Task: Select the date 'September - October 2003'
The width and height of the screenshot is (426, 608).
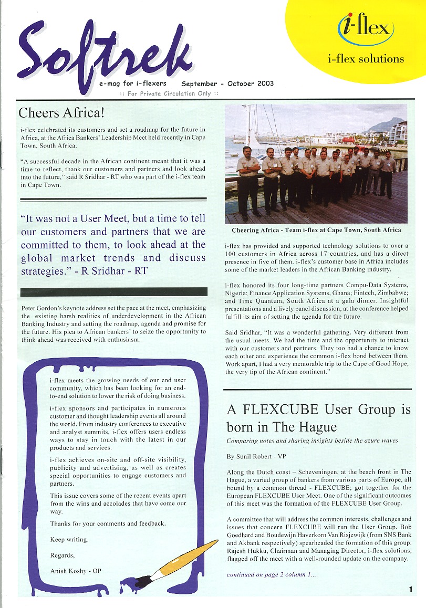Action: tap(227, 83)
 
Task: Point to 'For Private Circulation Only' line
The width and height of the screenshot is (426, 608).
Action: tap(169, 93)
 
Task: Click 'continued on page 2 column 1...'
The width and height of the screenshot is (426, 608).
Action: tap(272, 574)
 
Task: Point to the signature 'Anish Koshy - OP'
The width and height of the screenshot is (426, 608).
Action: tap(76, 571)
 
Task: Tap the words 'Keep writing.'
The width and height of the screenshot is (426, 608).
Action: tap(69, 539)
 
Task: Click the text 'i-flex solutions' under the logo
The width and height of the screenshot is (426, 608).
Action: tap(365, 59)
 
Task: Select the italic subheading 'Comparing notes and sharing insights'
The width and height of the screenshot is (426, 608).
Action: tap(312, 441)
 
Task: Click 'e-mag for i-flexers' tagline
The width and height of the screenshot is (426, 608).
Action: tap(132, 83)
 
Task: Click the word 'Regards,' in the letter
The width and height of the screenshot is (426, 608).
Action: tap(62, 555)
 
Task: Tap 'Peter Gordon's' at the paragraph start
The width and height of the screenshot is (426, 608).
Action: tap(41, 308)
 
